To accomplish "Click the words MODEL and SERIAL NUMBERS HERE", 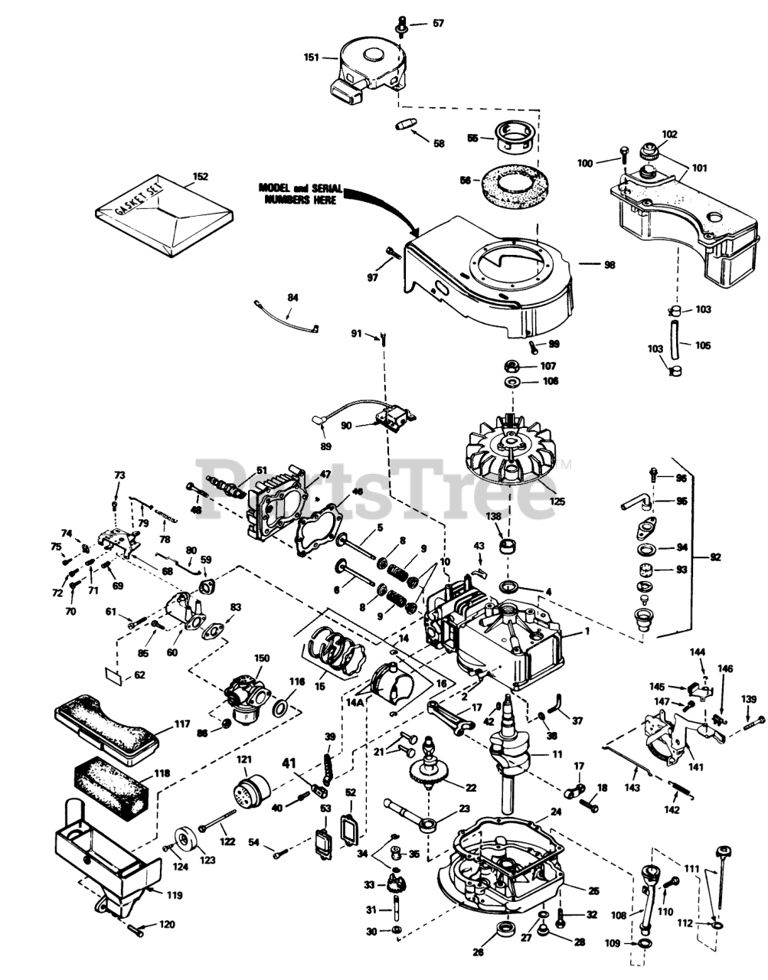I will [300, 194].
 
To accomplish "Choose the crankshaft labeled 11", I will [511, 754].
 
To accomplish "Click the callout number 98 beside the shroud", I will [609, 265].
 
